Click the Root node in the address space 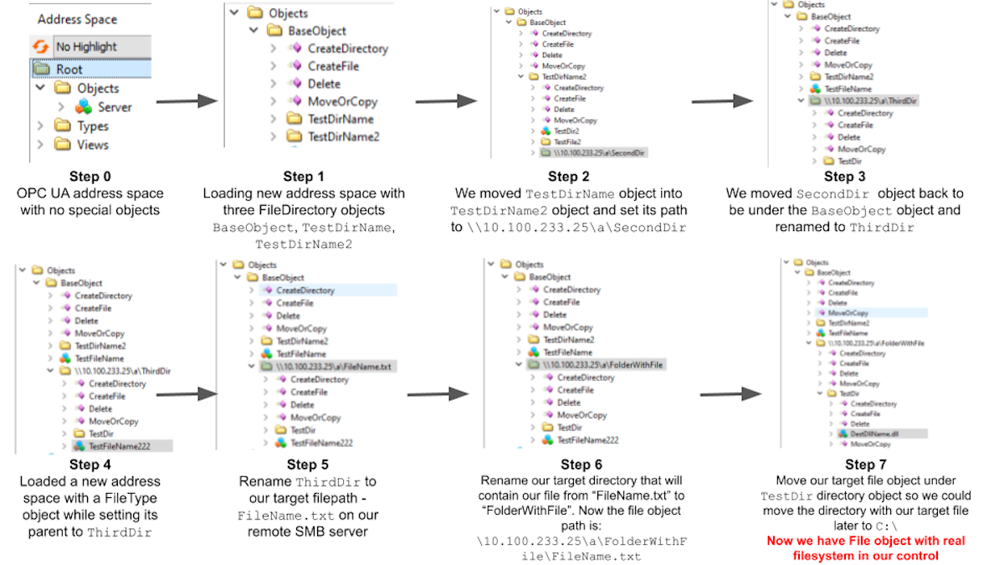[69, 69]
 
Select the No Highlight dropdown [86, 47]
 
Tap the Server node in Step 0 [115, 107]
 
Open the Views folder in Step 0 [92, 145]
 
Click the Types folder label [93, 126]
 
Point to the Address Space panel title [77, 18]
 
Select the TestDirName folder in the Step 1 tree [340, 119]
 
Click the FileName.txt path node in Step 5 [339, 367]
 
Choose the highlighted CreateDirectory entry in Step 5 [305, 290]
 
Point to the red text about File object [865, 547]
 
